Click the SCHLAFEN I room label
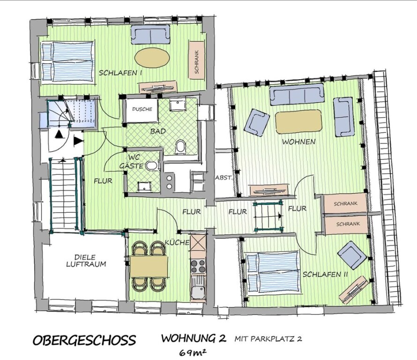pyautogui.click(x=120, y=73)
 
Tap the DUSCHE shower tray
pyautogui.click(x=142, y=110)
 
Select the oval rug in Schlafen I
pyautogui.click(x=152, y=57)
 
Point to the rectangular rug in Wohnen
pyautogui.click(x=298, y=121)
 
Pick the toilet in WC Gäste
pyautogui.click(x=152, y=165)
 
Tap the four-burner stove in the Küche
pyautogui.click(x=198, y=266)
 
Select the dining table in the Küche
pyautogui.click(x=149, y=267)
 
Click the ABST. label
pyautogui.click(x=224, y=178)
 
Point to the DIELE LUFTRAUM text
pyautogui.click(x=86, y=261)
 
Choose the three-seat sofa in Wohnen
pyautogui.click(x=297, y=95)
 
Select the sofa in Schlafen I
pyautogui.click(x=150, y=34)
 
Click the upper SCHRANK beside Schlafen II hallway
pyautogui.click(x=345, y=204)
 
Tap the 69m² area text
pyautogui.click(x=193, y=353)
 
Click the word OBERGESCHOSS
pyautogui.click(x=84, y=340)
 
